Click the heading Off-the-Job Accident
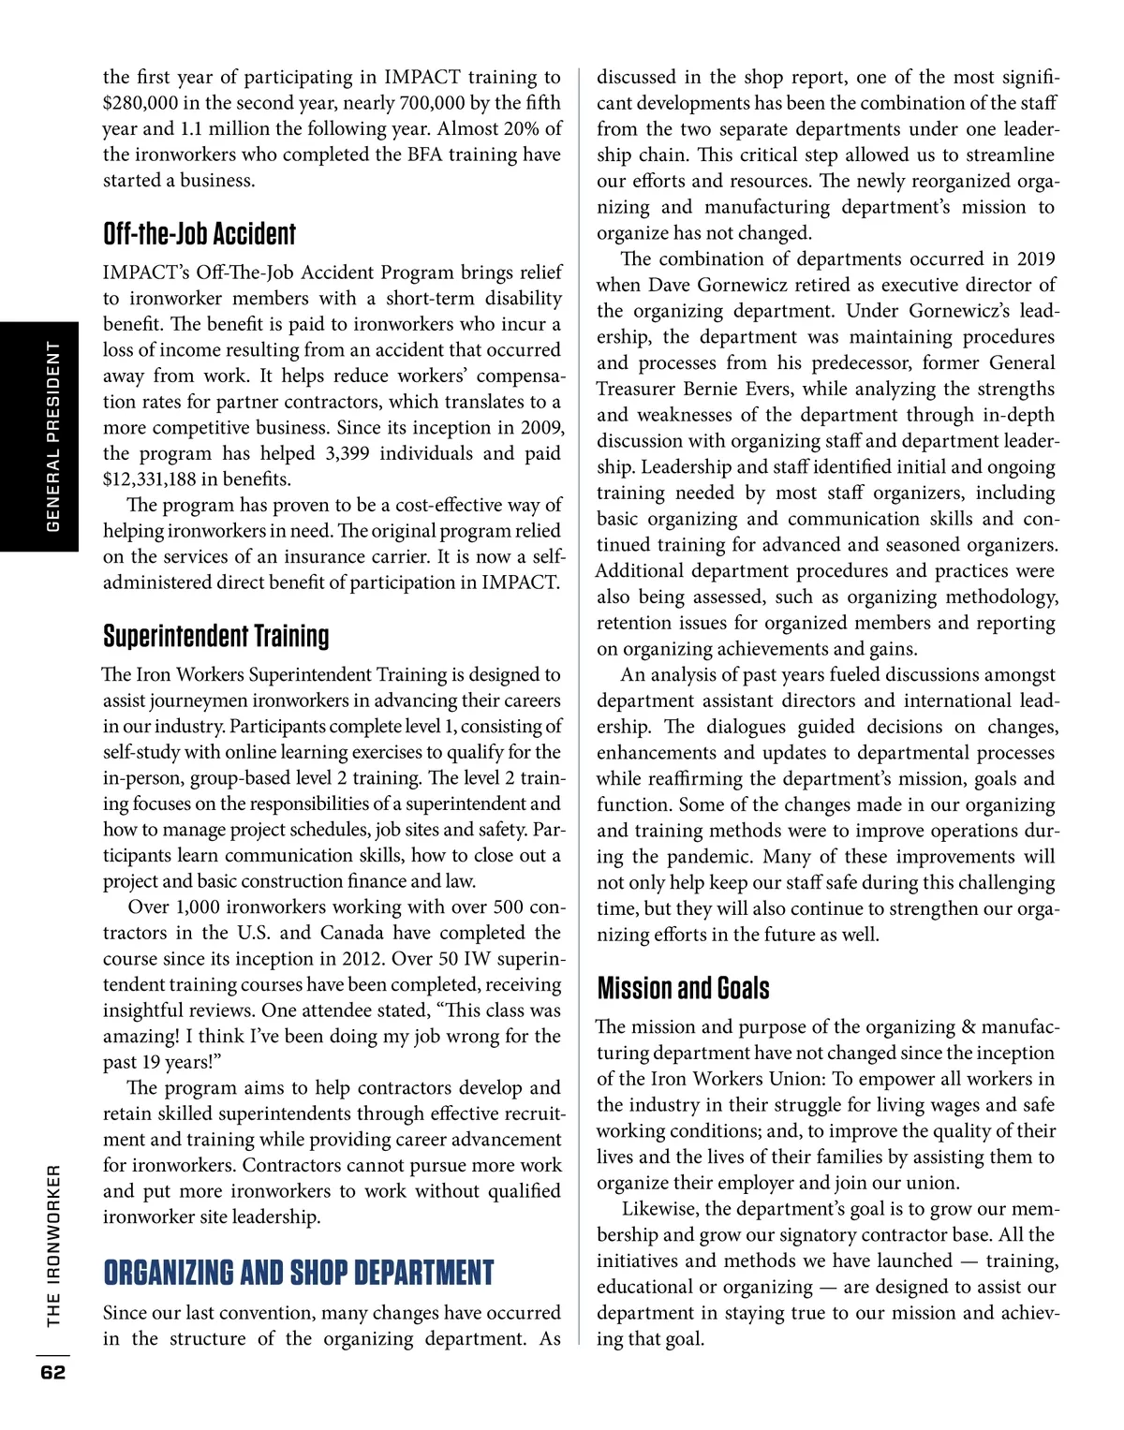[x=200, y=234]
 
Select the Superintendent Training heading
[x=216, y=636]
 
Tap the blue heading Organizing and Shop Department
[x=299, y=1273]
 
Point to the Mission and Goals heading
[x=684, y=988]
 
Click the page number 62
[x=52, y=1372]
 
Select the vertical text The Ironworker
[x=53, y=1246]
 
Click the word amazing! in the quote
[x=140, y=1037]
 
